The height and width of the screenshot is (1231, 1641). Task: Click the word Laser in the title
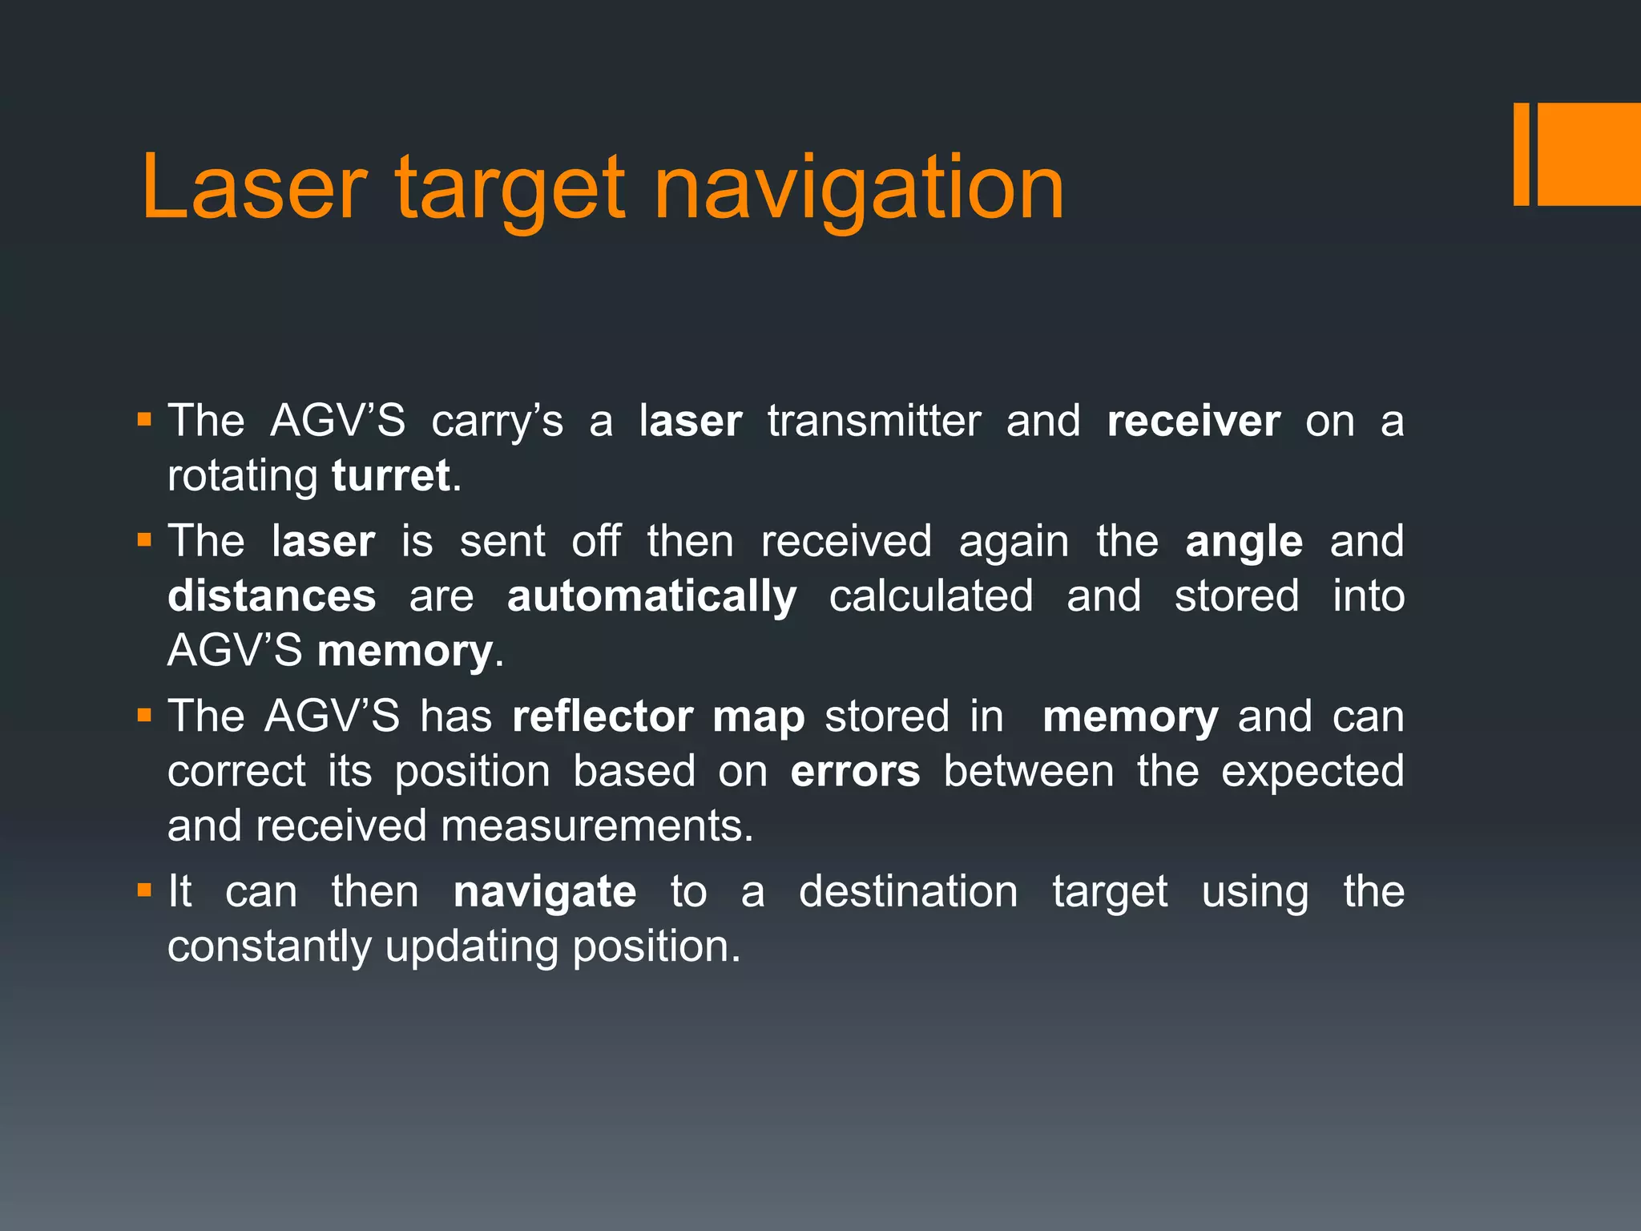pyautogui.click(x=254, y=188)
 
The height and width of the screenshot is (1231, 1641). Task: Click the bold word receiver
pyautogui.click(x=1193, y=421)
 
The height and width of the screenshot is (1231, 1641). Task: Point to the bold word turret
pyautogui.click(x=390, y=475)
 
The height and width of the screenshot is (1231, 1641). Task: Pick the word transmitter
pyautogui.click(x=874, y=421)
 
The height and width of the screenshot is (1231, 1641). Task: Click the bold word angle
pyautogui.click(x=1244, y=543)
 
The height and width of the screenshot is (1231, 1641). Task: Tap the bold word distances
pyautogui.click(x=272, y=596)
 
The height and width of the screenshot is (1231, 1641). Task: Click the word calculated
pyautogui.click(x=931, y=596)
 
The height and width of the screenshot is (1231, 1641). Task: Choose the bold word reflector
pyautogui.click(x=602, y=716)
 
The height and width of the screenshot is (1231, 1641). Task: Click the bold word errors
pyautogui.click(x=855, y=771)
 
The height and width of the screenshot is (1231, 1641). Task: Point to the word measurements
pyautogui.click(x=596, y=825)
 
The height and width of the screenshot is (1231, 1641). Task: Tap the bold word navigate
pyautogui.click(x=545, y=893)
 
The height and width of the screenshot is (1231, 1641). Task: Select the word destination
pyautogui.click(x=908, y=891)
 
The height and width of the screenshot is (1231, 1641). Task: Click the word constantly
pyautogui.click(x=269, y=946)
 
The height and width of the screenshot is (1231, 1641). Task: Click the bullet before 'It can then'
pyautogui.click(x=144, y=890)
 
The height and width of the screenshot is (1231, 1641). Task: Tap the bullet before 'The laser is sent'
pyautogui.click(x=144, y=540)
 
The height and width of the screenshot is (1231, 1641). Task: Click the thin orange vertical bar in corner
pyautogui.click(x=1521, y=154)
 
